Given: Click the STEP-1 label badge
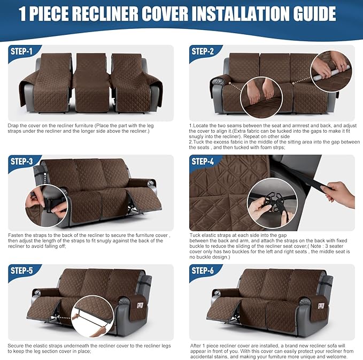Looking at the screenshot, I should pyautogui.click(x=21, y=51).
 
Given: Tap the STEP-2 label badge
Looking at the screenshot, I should pyautogui.click(x=203, y=51).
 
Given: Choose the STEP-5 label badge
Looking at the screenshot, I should pyautogui.click(x=21, y=271).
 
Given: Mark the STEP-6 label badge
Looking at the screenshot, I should pyautogui.click(x=203, y=271).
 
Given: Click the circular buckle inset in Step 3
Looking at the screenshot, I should pyautogui.click(x=46, y=206).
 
